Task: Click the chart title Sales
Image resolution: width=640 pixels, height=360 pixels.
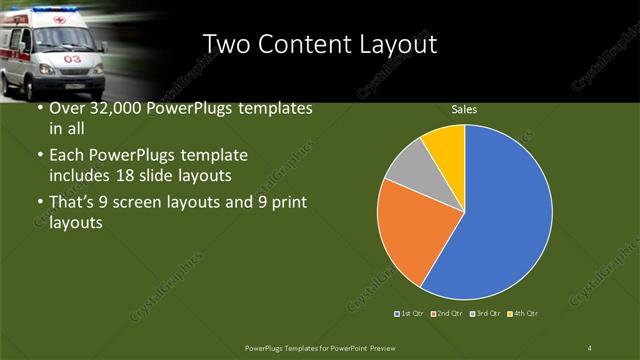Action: coord(463,109)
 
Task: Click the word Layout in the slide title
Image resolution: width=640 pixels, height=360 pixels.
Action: coord(400,44)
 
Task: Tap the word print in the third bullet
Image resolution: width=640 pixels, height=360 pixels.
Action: coord(288,203)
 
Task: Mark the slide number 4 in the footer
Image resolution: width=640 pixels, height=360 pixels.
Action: coord(590,347)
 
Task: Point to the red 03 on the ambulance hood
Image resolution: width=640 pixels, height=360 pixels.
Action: coord(73,59)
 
